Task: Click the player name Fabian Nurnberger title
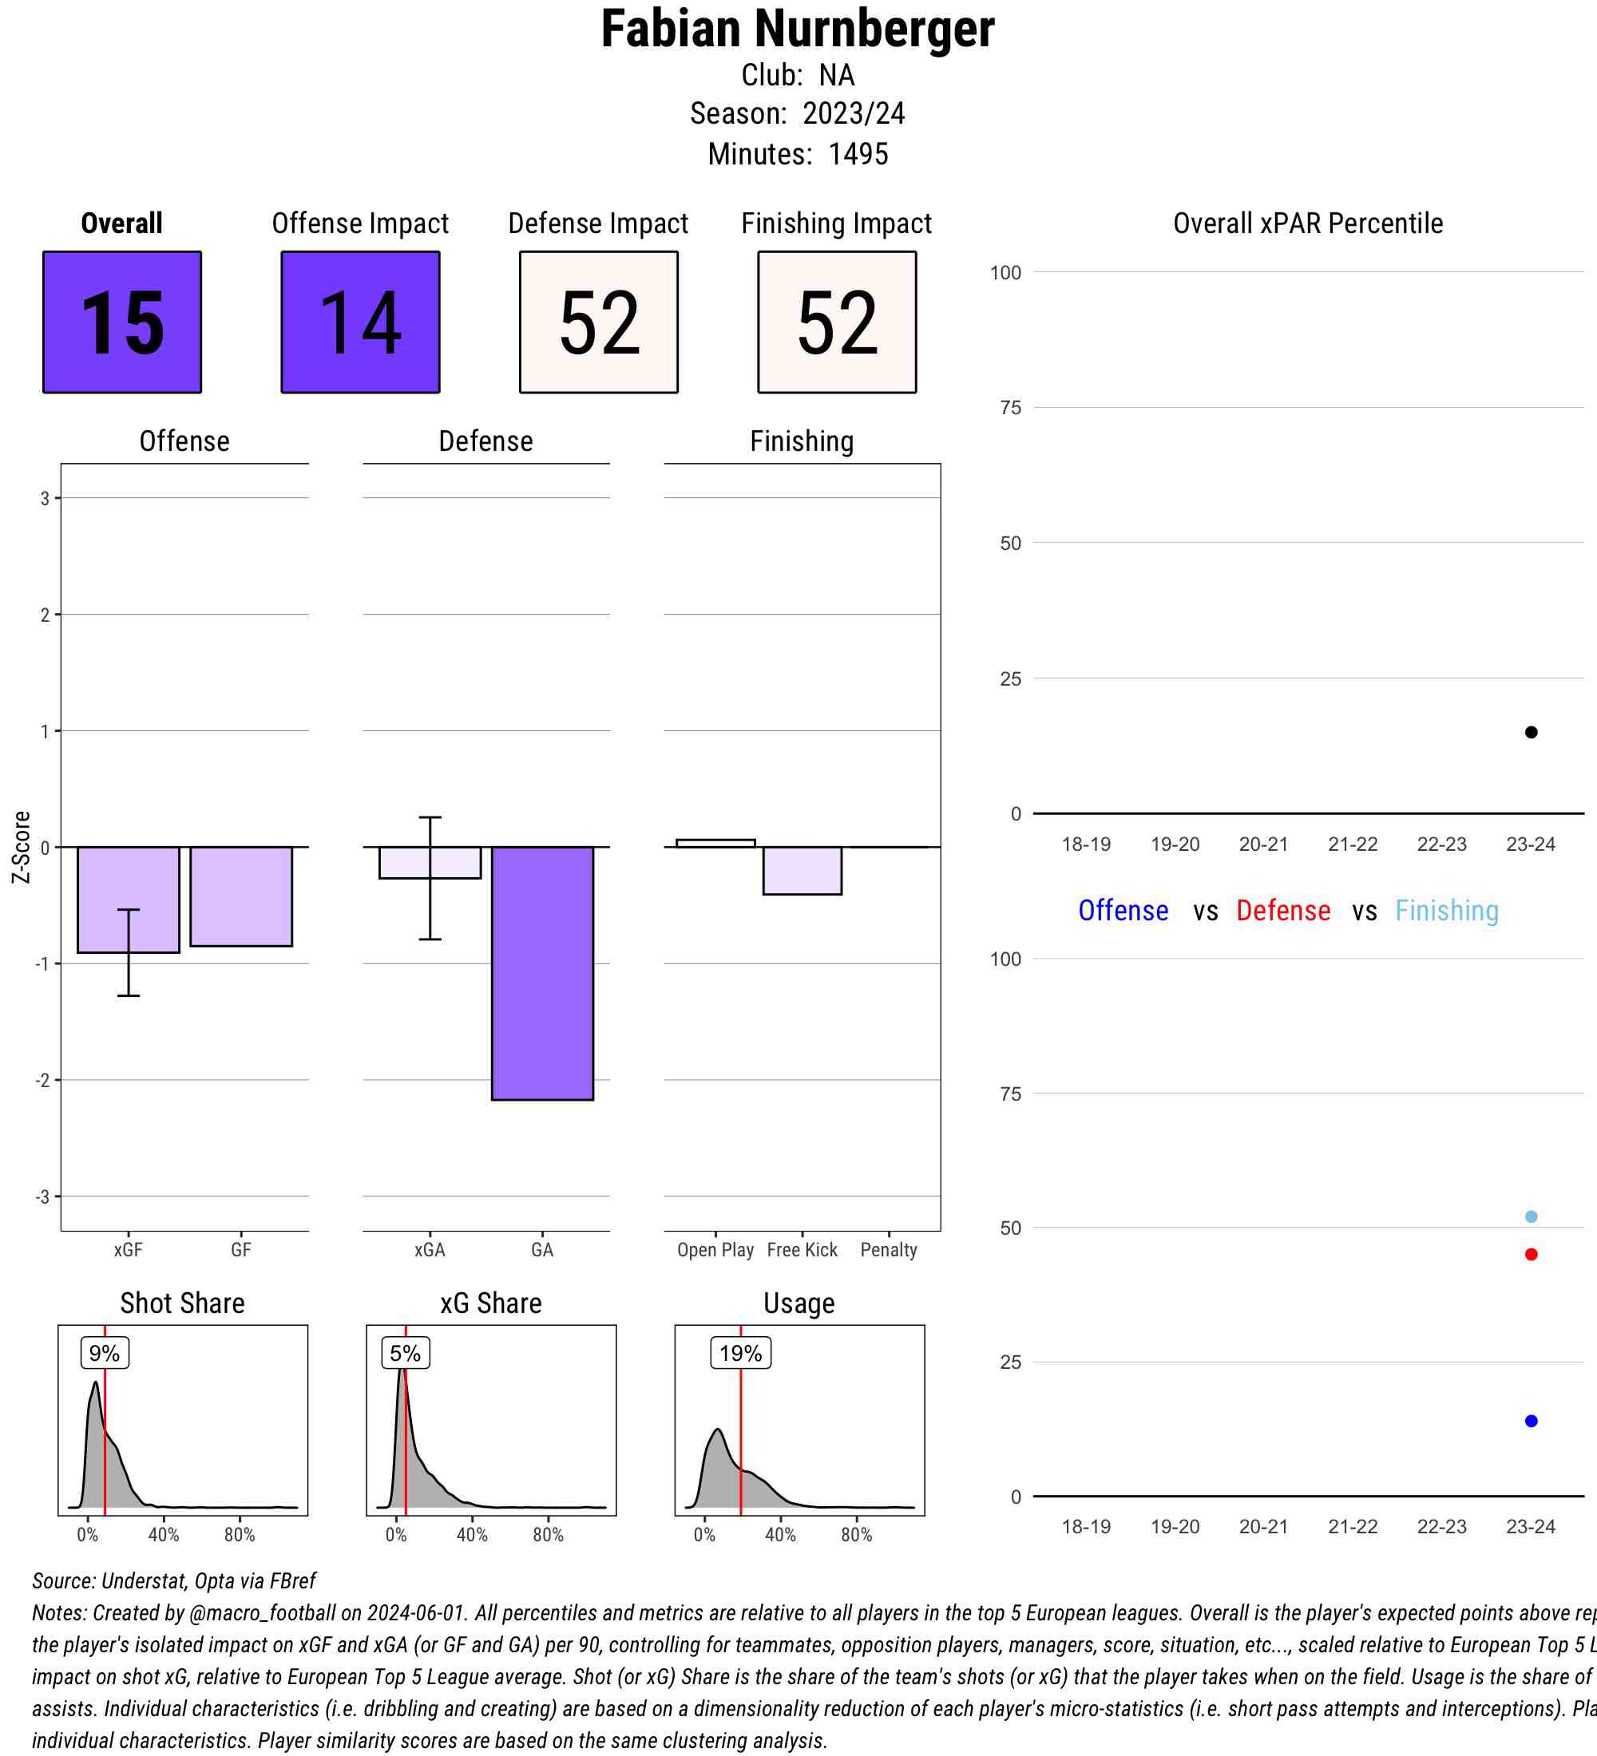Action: pos(797,30)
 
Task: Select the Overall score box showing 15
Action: pos(122,322)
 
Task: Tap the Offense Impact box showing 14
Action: pos(360,322)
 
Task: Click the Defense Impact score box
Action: pos(599,322)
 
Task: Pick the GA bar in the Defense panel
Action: pos(542,973)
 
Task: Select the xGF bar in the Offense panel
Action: pos(128,899)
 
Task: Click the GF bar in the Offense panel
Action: pos(241,896)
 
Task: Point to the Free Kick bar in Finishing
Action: pos(802,870)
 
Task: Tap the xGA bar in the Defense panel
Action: pos(430,862)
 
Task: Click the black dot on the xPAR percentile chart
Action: pos(1531,732)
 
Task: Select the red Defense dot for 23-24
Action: pos(1531,1254)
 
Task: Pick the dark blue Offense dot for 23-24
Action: pos(1531,1421)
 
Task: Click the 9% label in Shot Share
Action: pos(105,1353)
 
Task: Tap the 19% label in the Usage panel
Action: pos(740,1353)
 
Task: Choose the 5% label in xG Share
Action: pos(405,1353)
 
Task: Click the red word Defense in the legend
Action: pos(1282,910)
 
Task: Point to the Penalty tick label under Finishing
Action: pos(889,1250)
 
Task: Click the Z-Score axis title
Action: pos(22,847)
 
